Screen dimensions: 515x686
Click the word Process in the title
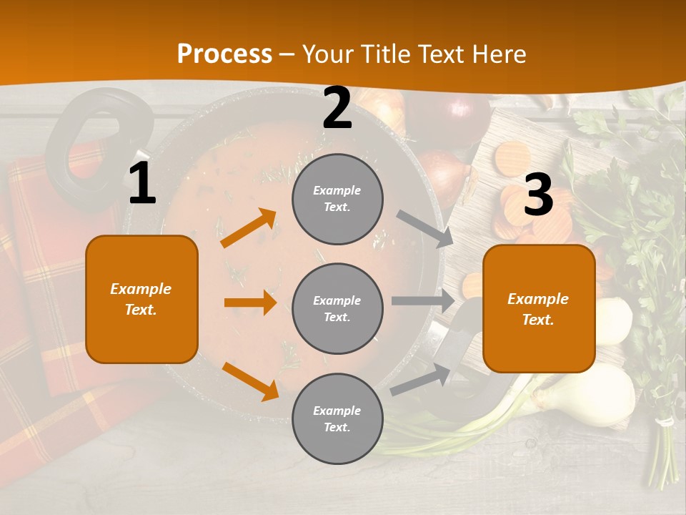(224, 54)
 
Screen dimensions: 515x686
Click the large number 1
(142, 184)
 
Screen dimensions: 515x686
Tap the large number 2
(337, 108)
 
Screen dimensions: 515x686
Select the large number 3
(538, 195)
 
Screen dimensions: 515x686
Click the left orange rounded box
(141, 299)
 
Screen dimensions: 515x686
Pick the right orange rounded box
(538, 309)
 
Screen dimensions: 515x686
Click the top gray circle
(337, 199)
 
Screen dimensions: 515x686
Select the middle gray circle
(337, 309)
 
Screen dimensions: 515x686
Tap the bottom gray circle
(337, 418)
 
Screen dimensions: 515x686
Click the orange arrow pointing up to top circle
(249, 228)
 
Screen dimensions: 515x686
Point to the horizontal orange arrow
(250, 303)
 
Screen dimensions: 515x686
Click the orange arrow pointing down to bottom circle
(250, 381)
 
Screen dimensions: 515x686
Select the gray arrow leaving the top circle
(425, 228)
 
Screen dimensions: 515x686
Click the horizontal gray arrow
(422, 301)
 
